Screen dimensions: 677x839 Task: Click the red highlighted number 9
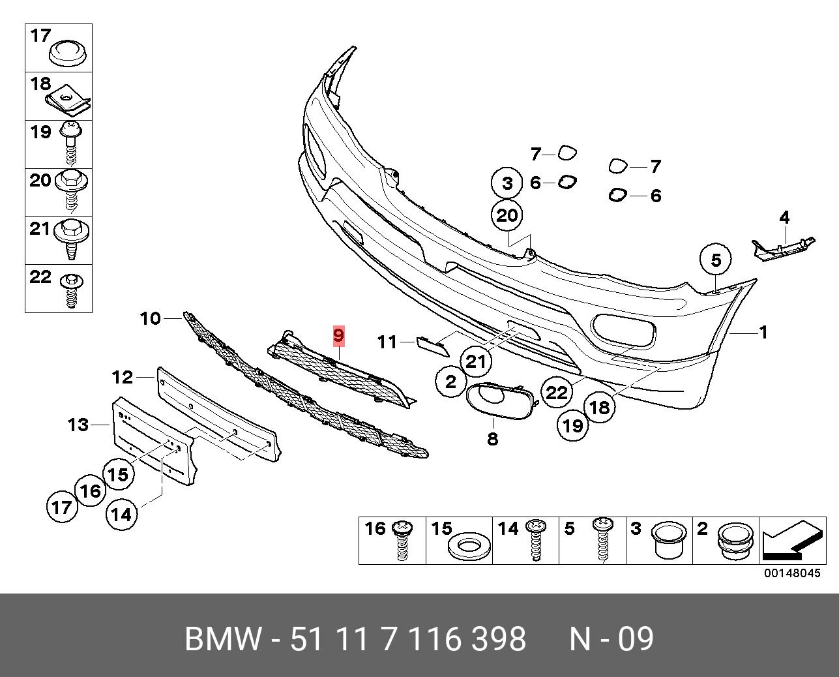338,336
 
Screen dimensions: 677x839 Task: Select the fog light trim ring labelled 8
499,399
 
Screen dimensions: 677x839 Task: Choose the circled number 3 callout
508,183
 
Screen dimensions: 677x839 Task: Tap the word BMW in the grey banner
224,639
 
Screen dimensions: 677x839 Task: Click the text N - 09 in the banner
611,639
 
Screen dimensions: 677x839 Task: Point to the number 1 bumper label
763,333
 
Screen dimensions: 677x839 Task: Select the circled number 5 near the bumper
716,261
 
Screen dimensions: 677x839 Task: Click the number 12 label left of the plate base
123,377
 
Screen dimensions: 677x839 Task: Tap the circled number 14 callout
121,515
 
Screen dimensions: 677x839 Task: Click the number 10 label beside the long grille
150,318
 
